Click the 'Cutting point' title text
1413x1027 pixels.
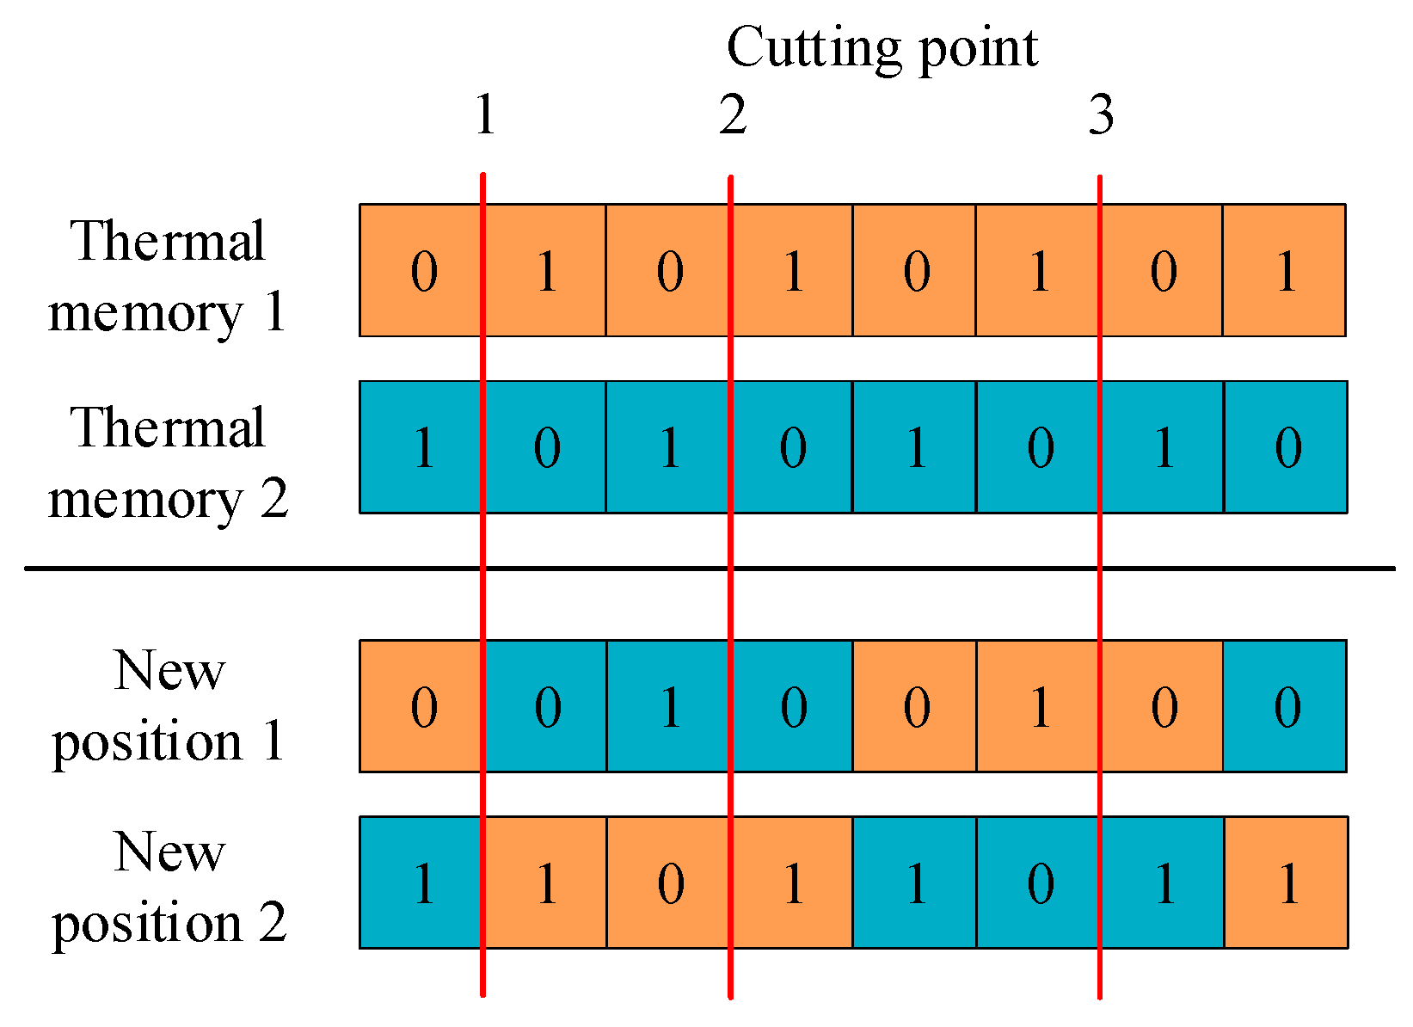(882, 47)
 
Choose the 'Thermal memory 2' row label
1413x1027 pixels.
(168, 462)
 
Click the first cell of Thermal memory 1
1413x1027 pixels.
(421, 270)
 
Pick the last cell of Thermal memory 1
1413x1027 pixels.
(1284, 270)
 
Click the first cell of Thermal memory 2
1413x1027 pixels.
(421, 447)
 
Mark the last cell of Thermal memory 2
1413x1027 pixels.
(1286, 447)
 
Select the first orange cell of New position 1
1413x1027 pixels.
(421, 706)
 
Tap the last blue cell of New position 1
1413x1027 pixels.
(1285, 706)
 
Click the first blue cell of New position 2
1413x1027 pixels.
(421, 882)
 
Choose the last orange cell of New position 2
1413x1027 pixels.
(1286, 882)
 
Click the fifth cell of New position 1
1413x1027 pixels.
(914, 706)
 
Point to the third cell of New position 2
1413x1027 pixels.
(668, 882)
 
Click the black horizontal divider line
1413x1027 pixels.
(258, 568)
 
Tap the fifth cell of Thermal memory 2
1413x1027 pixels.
(914, 447)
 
